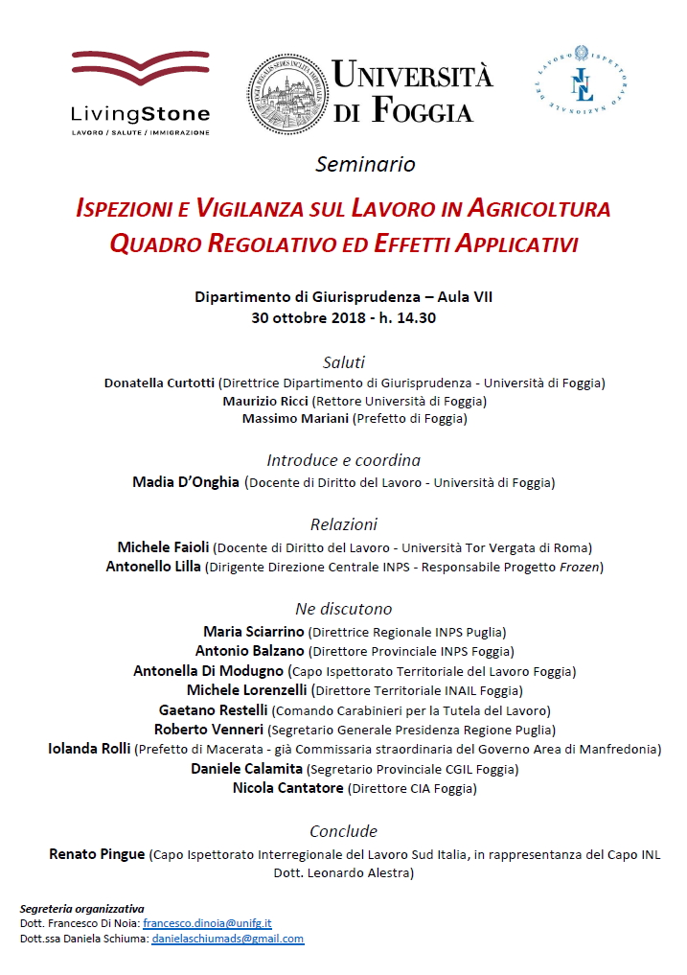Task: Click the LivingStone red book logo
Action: (140, 70)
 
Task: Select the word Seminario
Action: (365, 164)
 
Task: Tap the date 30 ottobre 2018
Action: (298, 318)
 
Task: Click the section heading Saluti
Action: (344, 362)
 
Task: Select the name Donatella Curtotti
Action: (159, 383)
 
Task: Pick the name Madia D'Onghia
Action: (186, 482)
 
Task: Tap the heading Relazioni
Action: (344, 524)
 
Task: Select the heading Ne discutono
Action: (344, 609)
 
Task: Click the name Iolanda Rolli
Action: (89, 748)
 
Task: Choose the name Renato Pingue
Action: (97, 853)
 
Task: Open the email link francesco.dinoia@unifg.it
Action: (207, 922)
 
